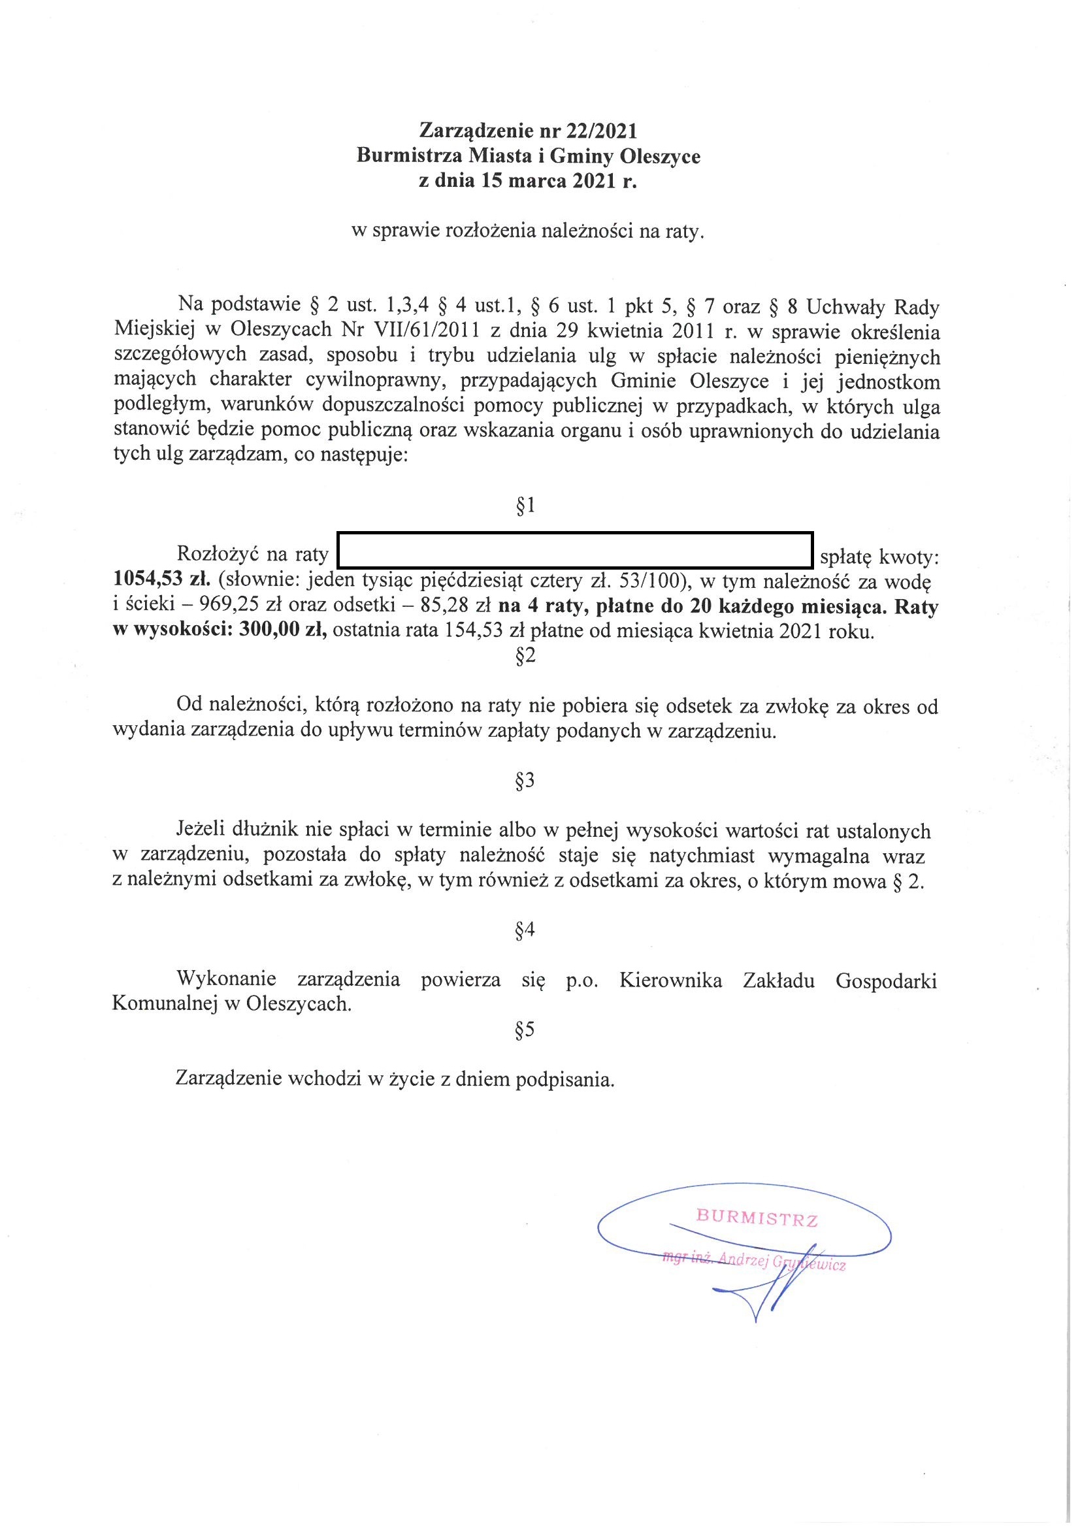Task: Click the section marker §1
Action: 525,507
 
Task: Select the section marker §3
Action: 525,781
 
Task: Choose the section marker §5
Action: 525,1030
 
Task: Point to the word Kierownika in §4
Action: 670,980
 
